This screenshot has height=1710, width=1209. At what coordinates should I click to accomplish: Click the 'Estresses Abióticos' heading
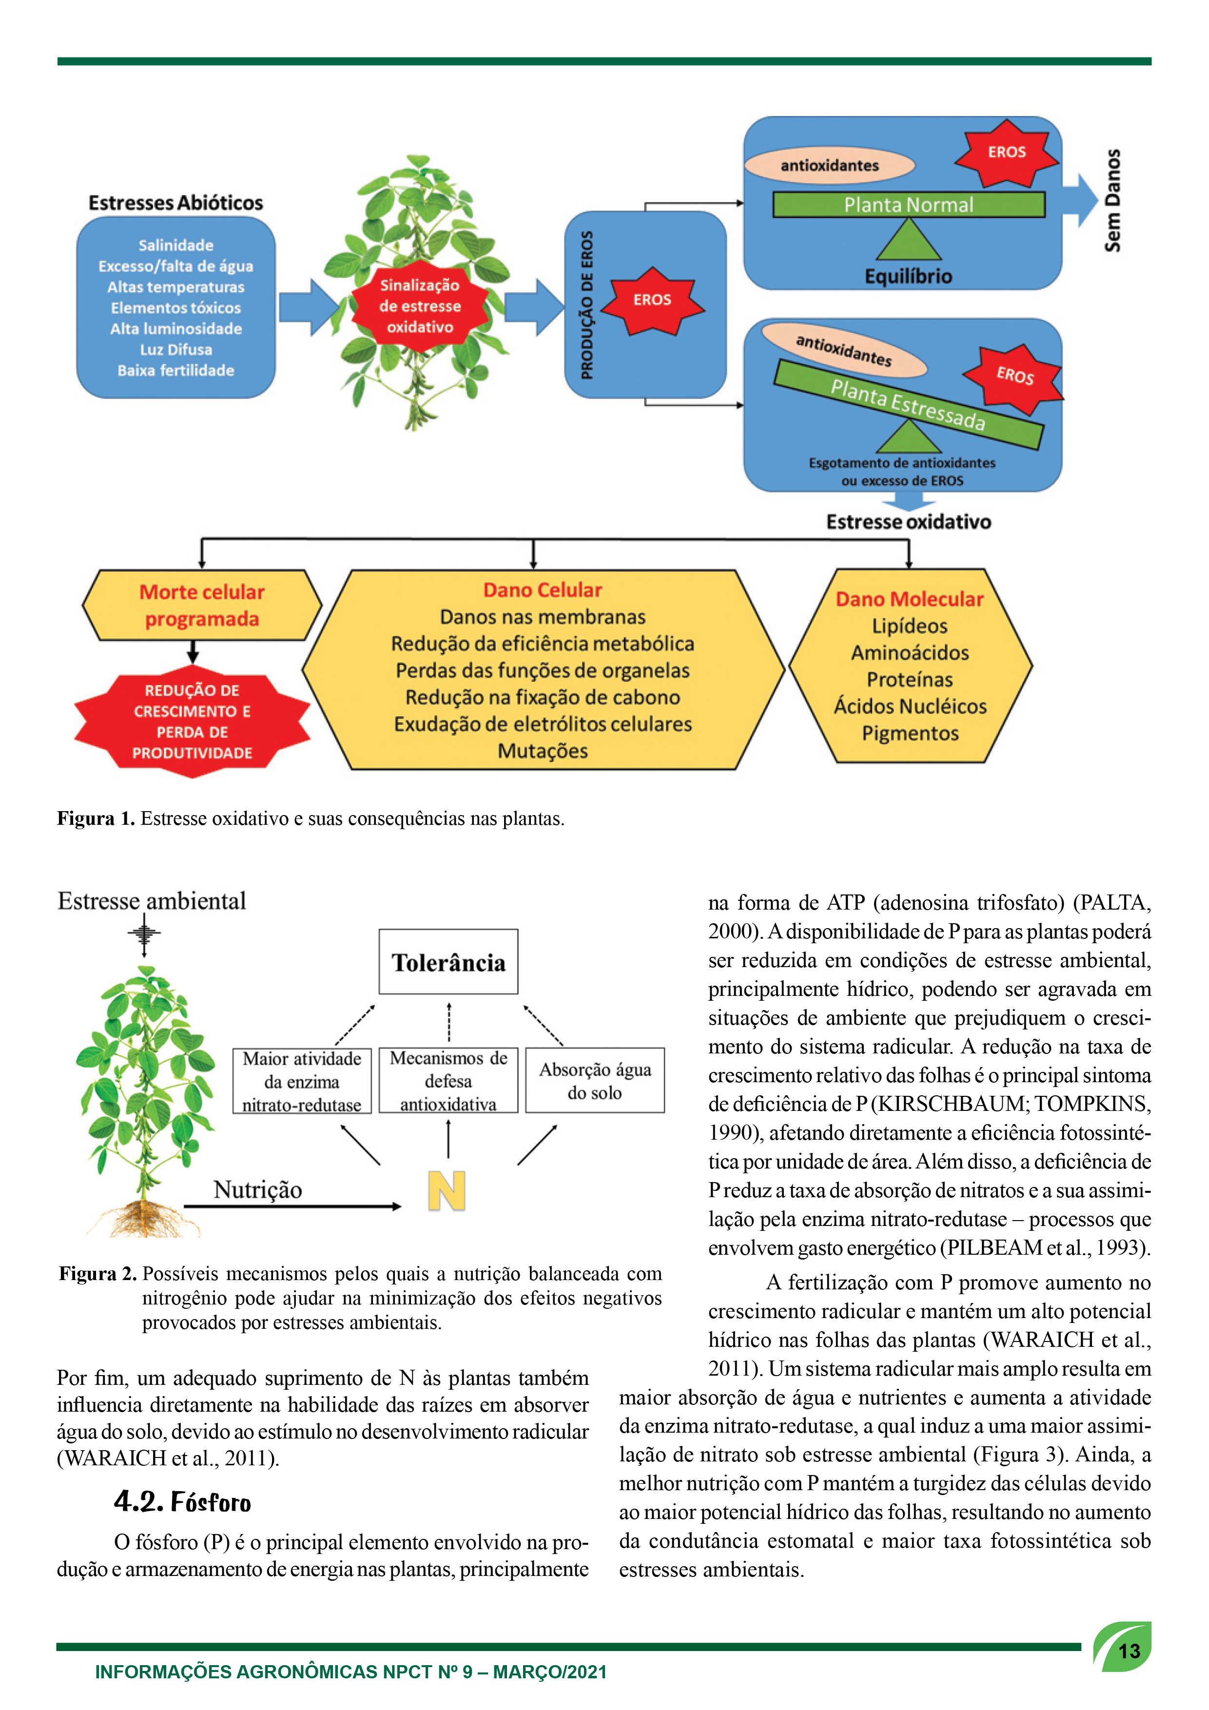(176, 203)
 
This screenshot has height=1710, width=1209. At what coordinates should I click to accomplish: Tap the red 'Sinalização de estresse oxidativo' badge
(420, 305)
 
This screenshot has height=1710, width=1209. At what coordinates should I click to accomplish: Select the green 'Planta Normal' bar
(909, 205)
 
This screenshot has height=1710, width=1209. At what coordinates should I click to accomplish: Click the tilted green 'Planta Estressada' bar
(908, 405)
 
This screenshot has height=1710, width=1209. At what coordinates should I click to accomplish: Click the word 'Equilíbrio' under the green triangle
(908, 276)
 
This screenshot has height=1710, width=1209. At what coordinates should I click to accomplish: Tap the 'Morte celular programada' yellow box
(202, 605)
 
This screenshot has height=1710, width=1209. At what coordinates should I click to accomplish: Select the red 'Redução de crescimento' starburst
(192, 721)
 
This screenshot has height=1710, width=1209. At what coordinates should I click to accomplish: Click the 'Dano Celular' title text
(542, 590)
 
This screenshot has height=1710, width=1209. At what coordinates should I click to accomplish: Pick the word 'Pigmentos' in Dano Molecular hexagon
(910, 734)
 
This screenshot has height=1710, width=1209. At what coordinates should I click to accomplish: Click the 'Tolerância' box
(448, 961)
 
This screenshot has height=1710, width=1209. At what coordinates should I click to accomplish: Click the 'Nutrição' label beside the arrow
(258, 1189)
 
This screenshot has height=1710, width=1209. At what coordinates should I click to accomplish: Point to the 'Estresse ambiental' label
(152, 901)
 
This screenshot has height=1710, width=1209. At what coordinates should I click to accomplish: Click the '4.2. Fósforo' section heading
(182, 1501)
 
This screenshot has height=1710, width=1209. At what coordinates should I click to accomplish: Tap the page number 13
(1130, 1652)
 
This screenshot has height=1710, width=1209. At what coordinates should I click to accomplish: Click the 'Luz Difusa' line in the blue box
(176, 350)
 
